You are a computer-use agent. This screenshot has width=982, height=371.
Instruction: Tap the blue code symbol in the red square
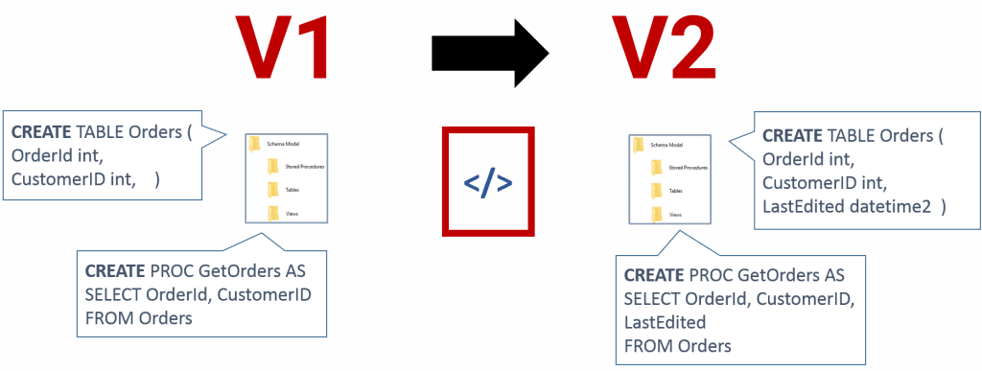pyautogui.click(x=487, y=182)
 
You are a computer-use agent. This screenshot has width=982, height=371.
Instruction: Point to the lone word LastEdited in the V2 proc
pyautogui.click(x=665, y=321)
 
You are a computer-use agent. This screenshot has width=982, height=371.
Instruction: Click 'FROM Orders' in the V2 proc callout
pyautogui.click(x=677, y=345)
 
